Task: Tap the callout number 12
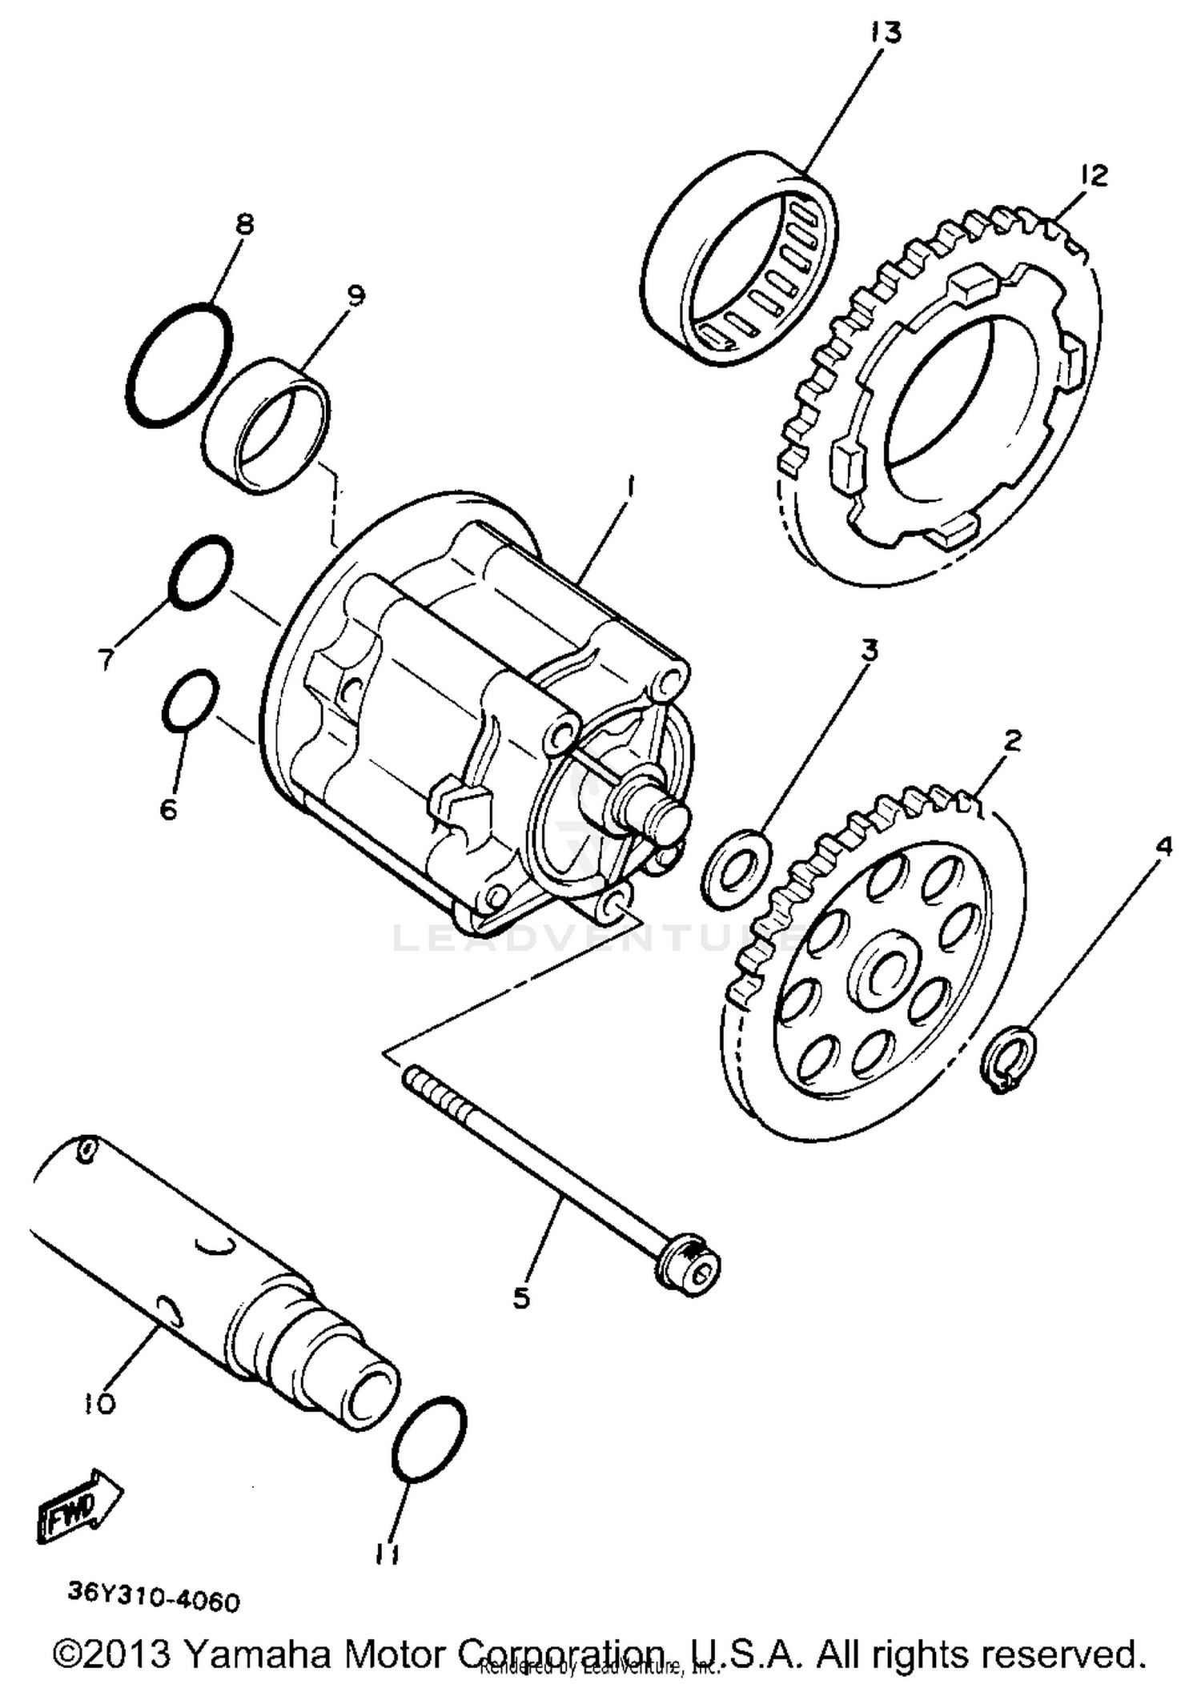pyautogui.click(x=1094, y=175)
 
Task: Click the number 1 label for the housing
pyautogui.click(x=630, y=486)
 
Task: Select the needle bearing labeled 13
pyautogui.click(x=741, y=257)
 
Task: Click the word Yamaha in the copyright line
pyautogui.click(x=257, y=1653)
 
